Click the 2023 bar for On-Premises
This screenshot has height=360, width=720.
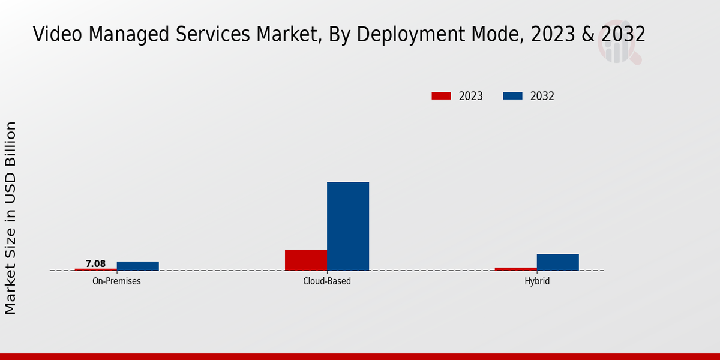pyautogui.click(x=96, y=269)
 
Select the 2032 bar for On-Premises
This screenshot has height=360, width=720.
pyautogui.click(x=138, y=266)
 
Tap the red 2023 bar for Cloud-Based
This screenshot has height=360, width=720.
pyautogui.click(x=306, y=260)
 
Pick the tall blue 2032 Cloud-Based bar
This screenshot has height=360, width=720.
pyautogui.click(x=348, y=226)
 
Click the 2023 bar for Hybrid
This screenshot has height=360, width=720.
pyautogui.click(x=516, y=269)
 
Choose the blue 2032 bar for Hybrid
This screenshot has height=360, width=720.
pyautogui.click(x=558, y=262)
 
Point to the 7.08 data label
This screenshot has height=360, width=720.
pyautogui.click(x=95, y=264)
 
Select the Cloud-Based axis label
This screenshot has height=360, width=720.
pyautogui.click(x=327, y=281)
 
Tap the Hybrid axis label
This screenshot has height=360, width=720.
pyautogui.click(x=537, y=281)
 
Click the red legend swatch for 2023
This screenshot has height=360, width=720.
pyautogui.click(x=441, y=96)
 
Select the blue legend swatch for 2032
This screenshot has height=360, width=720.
pyautogui.click(x=512, y=96)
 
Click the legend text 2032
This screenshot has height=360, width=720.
pyautogui.click(x=542, y=96)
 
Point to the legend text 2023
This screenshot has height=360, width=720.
pyautogui.click(x=471, y=96)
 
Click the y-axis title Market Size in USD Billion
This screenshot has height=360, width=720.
pyautogui.click(x=11, y=218)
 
